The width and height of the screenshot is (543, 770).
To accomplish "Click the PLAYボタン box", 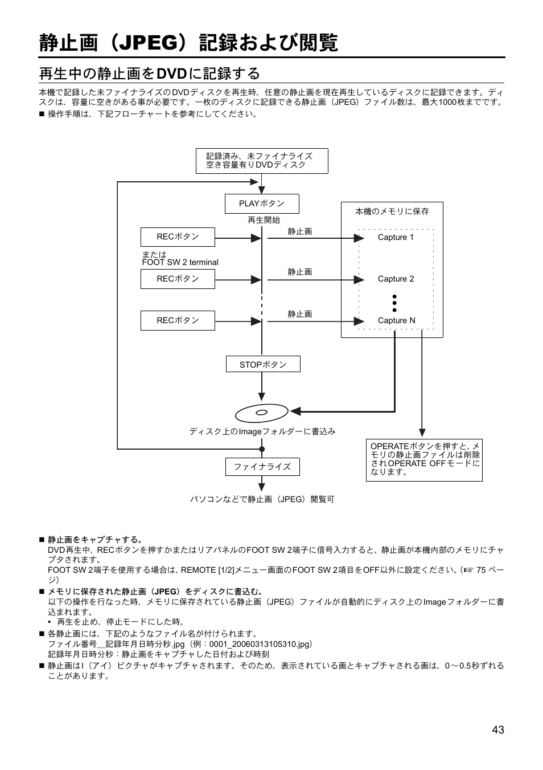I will [262, 203].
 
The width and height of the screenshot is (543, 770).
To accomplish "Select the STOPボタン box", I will [262, 364].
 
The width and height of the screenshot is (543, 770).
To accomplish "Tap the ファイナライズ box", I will [262, 467].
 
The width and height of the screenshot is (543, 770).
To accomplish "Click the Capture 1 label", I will [396, 237].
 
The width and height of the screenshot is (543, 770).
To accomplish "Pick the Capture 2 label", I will [396, 279].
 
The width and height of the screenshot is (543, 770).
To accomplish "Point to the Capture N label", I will [396, 320].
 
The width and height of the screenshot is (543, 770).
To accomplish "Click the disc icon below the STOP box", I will [261, 412].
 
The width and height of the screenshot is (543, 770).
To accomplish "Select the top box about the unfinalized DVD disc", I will [262, 161].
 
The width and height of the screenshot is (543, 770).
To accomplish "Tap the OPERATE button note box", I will [424, 459].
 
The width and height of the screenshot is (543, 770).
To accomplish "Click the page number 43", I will [498, 730].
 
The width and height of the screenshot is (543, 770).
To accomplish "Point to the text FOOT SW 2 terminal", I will [180, 263].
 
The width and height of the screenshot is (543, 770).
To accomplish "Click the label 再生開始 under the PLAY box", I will [264, 220].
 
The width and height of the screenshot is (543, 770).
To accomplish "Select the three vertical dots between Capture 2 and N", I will [394, 303].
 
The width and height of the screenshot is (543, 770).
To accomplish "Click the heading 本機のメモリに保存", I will [392, 211].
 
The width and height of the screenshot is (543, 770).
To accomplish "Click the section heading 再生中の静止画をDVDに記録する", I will [150, 74].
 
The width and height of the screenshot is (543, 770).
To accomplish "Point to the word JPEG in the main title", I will [150, 43].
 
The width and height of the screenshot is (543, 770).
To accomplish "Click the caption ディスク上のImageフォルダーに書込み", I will [262, 431].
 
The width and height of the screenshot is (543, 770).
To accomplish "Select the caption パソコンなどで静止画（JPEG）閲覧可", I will [262, 499].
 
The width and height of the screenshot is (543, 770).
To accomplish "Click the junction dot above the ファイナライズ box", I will [262, 449].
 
